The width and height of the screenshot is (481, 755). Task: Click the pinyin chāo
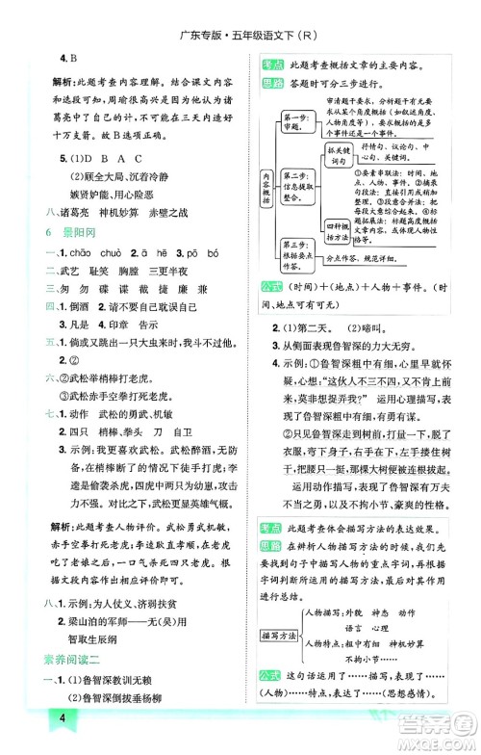click(89, 253)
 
